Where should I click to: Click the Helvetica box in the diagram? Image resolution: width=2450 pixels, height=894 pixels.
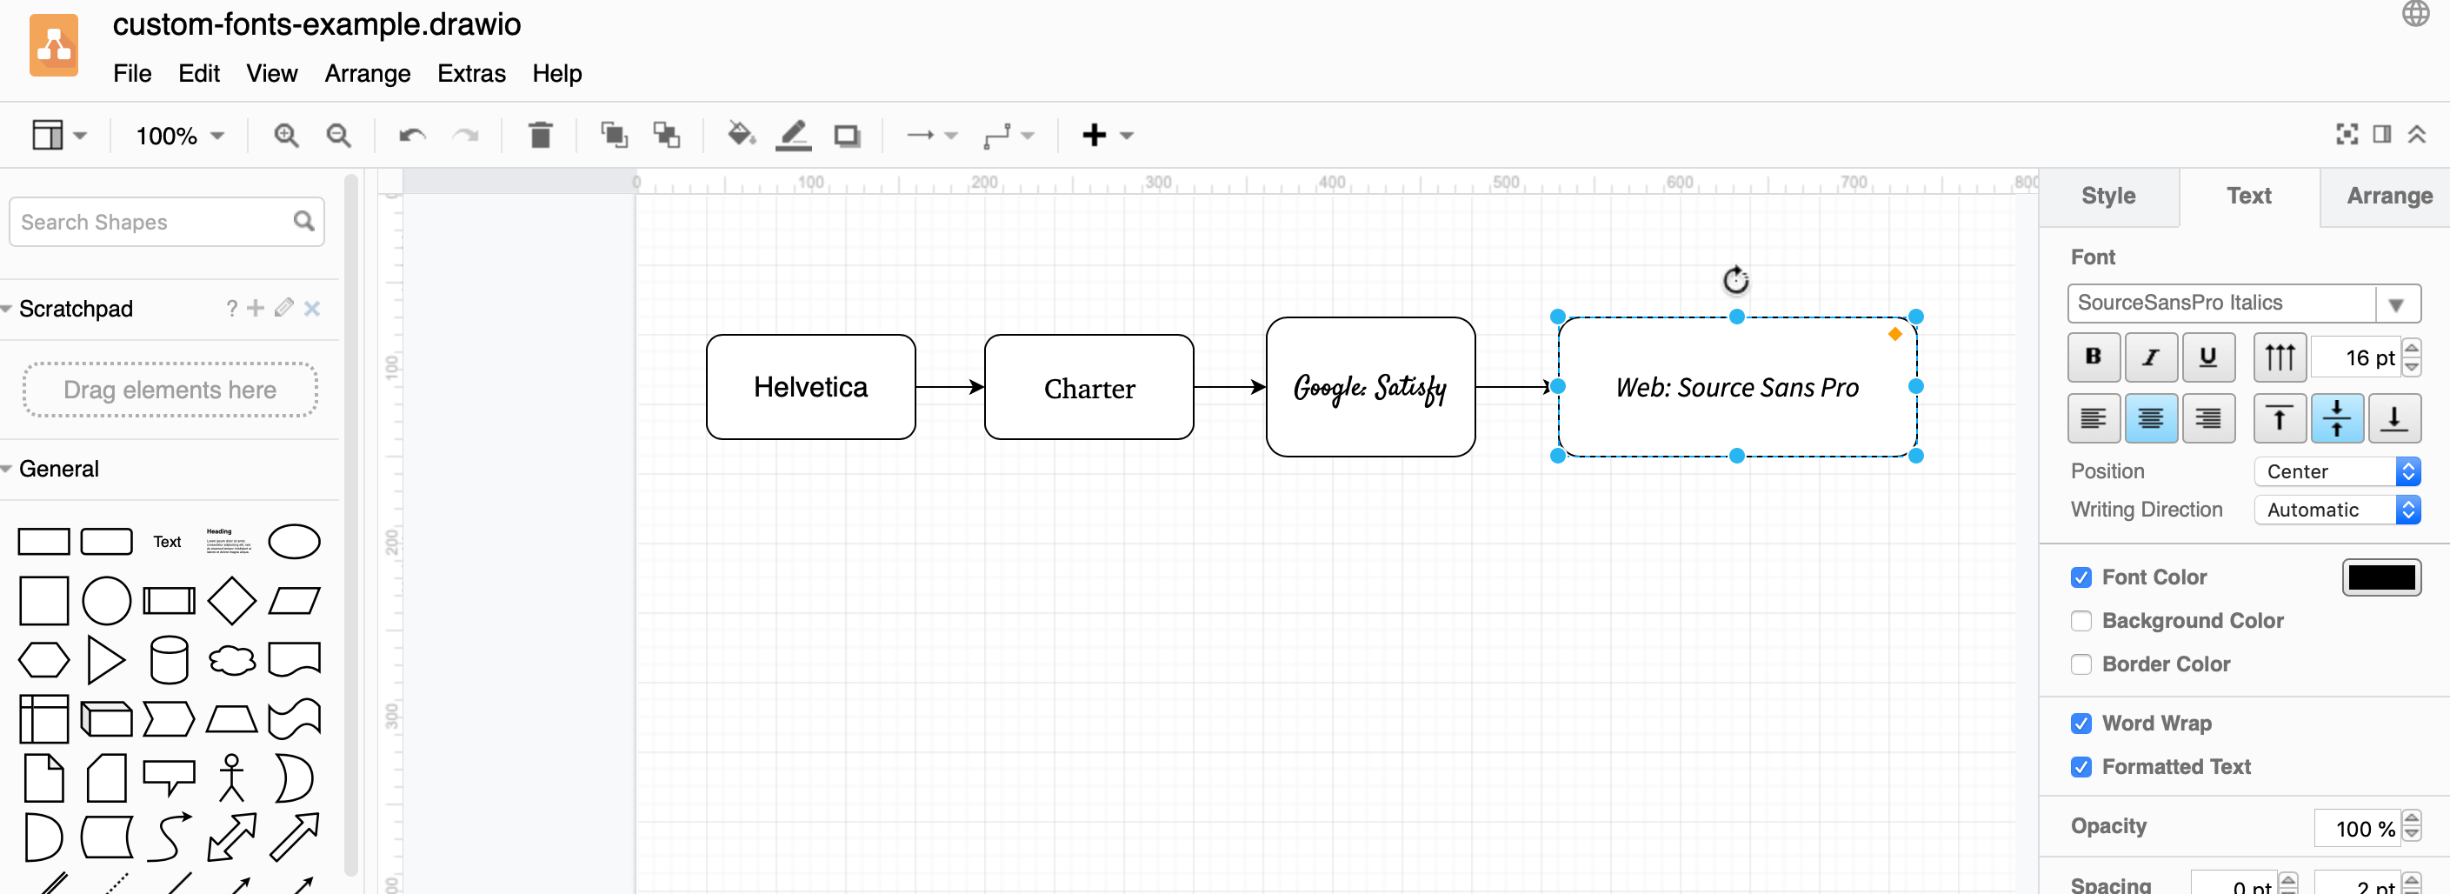[810, 387]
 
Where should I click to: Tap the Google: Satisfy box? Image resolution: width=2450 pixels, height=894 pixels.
[1369, 387]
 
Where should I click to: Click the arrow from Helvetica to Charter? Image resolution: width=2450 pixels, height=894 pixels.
[949, 387]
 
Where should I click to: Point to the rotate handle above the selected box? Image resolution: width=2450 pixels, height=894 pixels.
[1735, 280]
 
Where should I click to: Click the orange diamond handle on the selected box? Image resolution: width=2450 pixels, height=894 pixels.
[1894, 334]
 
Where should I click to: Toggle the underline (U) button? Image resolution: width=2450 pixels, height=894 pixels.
[2207, 357]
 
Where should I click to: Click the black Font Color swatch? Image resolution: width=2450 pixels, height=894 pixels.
[2380, 577]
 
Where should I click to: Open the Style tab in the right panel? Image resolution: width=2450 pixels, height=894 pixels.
[2107, 196]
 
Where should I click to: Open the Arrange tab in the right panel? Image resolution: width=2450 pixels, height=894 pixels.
[2388, 196]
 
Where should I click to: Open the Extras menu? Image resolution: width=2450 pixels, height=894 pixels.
[471, 73]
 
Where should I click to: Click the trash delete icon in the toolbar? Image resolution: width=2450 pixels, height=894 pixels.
[540, 135]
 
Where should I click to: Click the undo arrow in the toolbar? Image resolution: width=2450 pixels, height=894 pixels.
[411, 135]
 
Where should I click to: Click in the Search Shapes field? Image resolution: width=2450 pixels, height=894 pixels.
[152, 223]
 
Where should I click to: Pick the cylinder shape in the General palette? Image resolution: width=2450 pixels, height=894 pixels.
[170, 659]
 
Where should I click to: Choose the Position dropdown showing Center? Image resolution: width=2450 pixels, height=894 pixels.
[2336, 471]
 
